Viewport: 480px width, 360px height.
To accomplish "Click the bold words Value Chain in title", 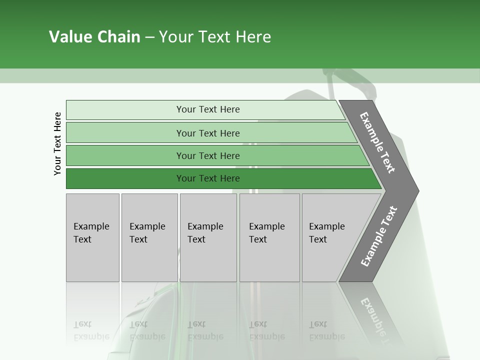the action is (94, 37).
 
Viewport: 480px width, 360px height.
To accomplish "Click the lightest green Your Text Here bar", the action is (208, 109).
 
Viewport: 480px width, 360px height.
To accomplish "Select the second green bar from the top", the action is (208, 133).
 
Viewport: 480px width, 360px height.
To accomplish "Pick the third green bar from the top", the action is (208, 155).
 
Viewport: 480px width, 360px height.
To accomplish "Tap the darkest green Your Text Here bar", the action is (208, 178).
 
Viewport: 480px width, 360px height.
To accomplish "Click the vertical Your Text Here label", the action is (57, 143).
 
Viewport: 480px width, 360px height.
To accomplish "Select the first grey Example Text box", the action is (92, 237).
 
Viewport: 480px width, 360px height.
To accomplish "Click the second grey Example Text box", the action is (149, 237).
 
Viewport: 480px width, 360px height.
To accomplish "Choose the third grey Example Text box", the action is (208, 237).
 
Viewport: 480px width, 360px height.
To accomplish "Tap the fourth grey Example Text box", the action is (269, 237).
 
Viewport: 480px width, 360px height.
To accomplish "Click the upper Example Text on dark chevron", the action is (377, 142).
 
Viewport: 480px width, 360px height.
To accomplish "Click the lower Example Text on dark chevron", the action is (378, 236).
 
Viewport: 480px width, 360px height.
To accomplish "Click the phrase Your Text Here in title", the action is (215, 37).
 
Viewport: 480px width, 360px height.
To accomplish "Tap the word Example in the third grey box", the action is (205, 226).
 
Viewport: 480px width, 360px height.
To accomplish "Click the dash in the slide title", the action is (149, 37).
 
